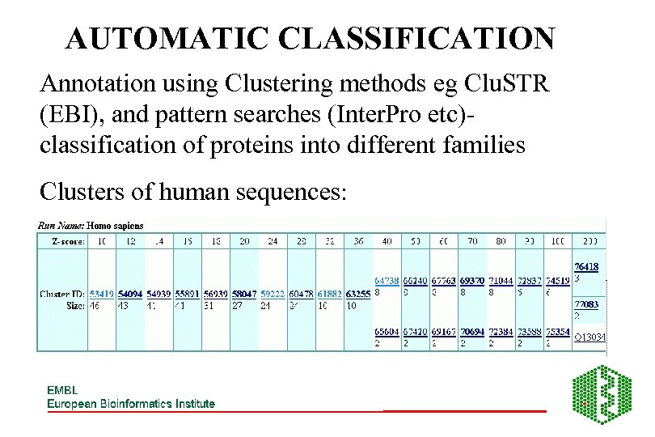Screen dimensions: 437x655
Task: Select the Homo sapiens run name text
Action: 115,226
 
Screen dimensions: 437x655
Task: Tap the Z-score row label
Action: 62,240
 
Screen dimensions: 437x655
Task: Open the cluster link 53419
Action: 101,294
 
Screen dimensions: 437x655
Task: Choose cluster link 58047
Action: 244,294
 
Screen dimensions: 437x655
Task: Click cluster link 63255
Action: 357,294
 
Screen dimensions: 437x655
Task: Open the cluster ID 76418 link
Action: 587,266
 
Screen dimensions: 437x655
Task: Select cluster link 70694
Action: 472,332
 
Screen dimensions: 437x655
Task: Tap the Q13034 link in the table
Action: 590,337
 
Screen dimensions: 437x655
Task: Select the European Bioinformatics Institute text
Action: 131,404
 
